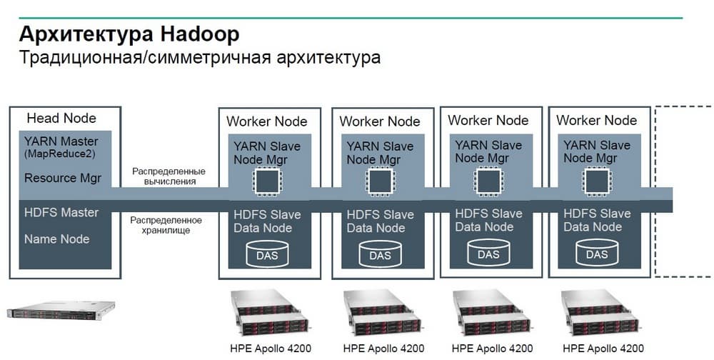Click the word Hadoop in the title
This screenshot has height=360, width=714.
click(x=200, y=34)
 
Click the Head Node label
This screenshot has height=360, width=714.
click(x=61, y=118)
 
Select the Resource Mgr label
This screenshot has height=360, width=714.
click(x=63, y=178)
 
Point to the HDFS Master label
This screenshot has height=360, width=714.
click(x=61, y=213)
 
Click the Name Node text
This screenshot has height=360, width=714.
click(x=57, y=239)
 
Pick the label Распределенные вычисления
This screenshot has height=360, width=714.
click(x=169, y=176)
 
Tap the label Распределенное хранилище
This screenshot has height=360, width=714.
click(x=166, y=225)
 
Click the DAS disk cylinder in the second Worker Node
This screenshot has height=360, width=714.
click(x=380, y=254)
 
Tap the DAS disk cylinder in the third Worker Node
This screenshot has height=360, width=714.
click(x=488, y=253)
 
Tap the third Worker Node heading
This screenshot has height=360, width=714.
click(x=488, y=120)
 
